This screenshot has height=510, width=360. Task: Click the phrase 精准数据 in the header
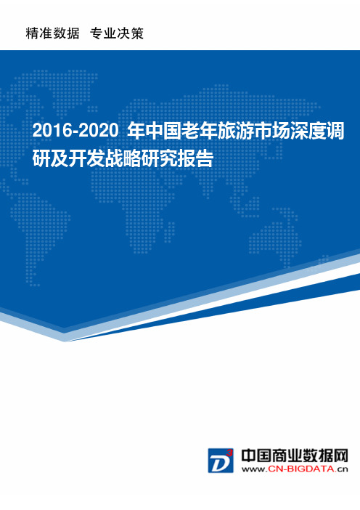[x=53, y=33]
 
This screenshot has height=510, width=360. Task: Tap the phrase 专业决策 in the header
[x=117, y=33]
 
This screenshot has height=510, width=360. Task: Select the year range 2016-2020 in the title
[x=75, y=131]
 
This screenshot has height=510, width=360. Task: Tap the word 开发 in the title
[x=86, y=158]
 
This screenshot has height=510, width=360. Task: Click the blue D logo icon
[x=221, y=461]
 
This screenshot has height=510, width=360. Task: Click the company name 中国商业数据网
[x=295, y=456]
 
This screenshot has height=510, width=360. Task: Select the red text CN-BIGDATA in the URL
[x=301, y=469]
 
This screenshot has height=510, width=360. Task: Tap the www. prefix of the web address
[x=255, y=469]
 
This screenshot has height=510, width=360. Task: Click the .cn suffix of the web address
[x=341, y=469]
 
